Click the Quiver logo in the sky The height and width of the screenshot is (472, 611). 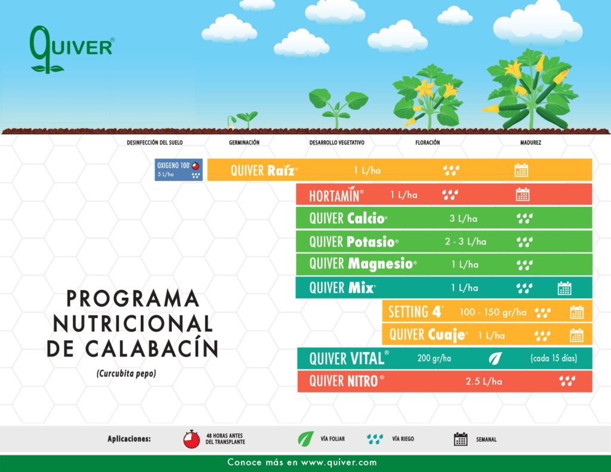[72, 50]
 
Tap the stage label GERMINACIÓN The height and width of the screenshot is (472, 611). [244, 143]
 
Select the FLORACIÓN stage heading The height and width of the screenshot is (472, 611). [427, 143]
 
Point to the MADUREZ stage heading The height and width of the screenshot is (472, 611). [530, 143]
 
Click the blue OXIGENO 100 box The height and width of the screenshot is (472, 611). [178, 170]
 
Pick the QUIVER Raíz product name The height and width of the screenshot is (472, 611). [264, 170]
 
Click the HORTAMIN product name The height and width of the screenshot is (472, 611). [337, 195]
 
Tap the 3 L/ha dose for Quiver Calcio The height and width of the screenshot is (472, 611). [463, 218]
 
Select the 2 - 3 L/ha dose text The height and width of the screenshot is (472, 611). [465, 242]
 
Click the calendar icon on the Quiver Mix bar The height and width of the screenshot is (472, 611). [564, 288]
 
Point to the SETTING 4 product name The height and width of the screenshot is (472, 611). [415, 312]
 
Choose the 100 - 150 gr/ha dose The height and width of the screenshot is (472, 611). [493, 312]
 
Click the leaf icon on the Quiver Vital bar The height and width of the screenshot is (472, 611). [495, 359]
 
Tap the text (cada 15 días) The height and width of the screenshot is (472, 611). [554, 359]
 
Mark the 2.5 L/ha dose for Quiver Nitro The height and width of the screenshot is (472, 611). [483, 381]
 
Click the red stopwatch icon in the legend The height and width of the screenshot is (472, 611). [192, 439]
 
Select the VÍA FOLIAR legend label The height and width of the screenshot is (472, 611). [332, 439]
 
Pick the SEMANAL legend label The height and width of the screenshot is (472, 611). [486, 440]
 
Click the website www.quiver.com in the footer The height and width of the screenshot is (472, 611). [339, 462]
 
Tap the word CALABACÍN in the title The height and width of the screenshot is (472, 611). [151, 348]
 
